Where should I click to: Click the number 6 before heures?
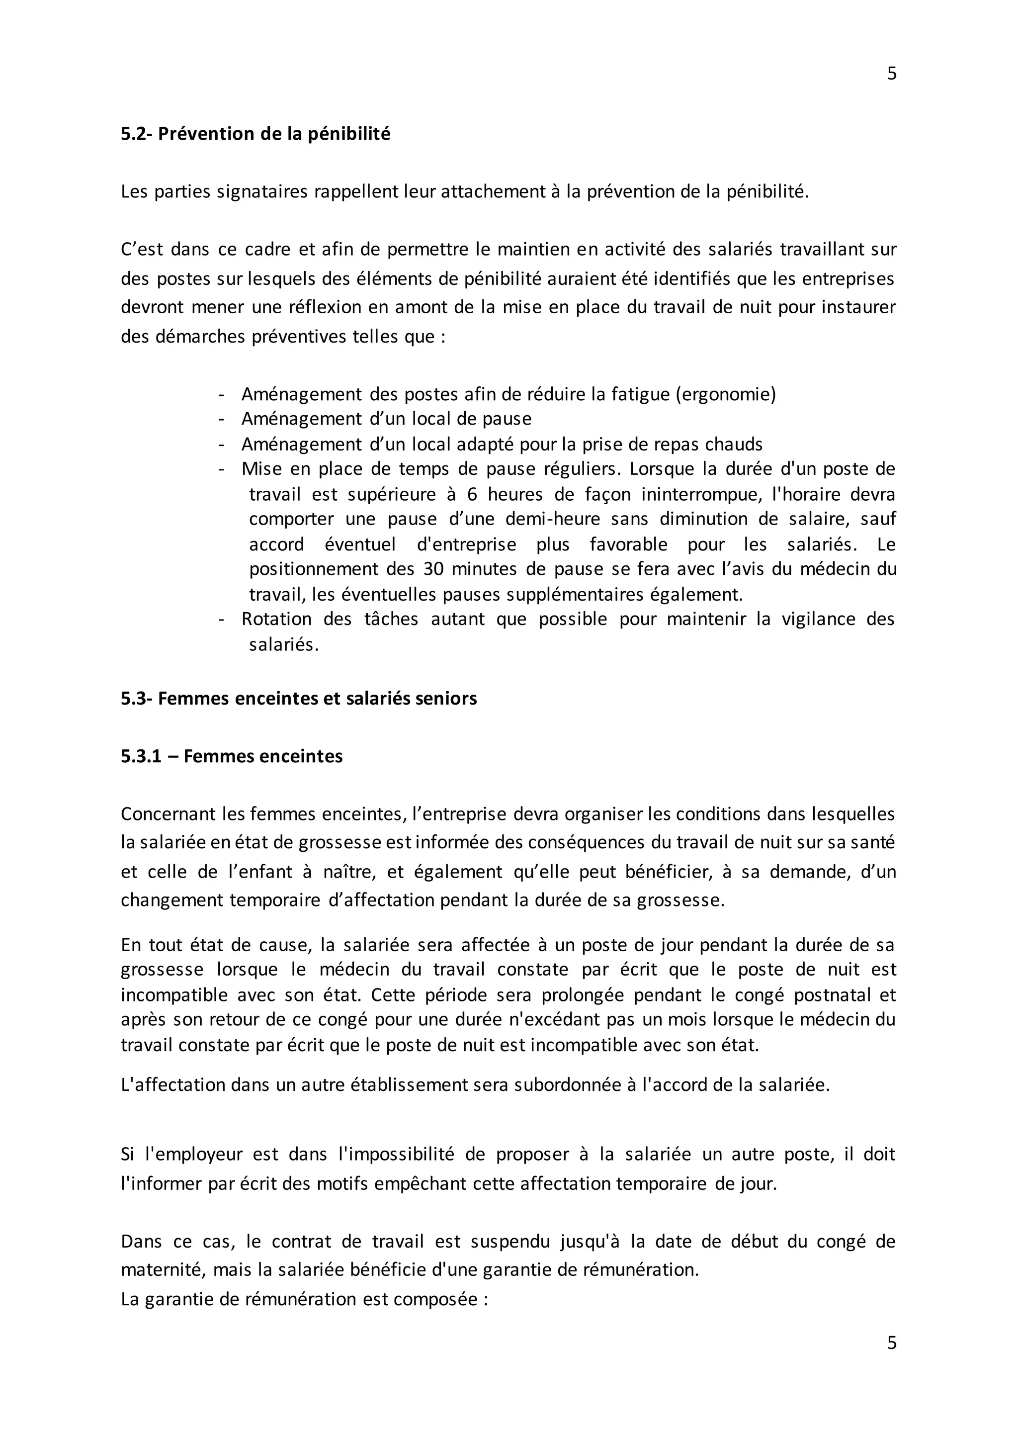(472, 494)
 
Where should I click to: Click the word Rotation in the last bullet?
(276, 619)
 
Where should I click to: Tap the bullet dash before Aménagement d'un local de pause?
(221, 419)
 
